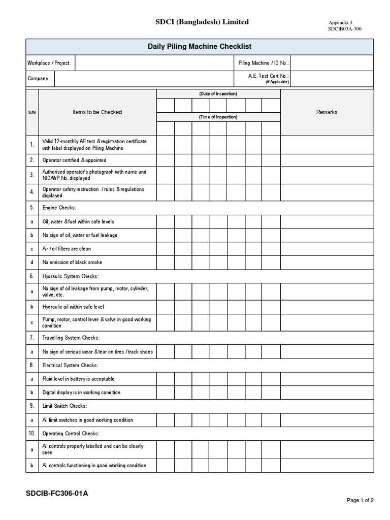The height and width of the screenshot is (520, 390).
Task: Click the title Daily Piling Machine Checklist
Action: pos(200,47)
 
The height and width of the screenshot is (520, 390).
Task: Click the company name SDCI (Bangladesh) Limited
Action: pos(202,22)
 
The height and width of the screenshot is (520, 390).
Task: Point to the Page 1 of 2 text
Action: pos(360,500)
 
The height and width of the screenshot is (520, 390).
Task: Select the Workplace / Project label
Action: pos(49,63)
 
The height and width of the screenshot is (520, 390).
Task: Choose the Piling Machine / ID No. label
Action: pos(263,63)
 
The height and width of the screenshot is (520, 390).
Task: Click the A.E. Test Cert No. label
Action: pos(268,76)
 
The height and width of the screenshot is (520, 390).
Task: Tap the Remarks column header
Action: pos(327,112)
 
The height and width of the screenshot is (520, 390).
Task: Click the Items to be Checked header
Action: pos(97,112)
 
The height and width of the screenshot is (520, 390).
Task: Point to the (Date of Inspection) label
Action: pos(218,94)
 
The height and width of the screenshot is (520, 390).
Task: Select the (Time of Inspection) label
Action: pos(218,117)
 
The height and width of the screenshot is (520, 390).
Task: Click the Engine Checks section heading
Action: pos(59,208)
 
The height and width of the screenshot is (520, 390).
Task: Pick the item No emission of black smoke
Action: pos(72,262)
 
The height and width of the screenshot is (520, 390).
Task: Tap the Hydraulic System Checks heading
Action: pos(71,276)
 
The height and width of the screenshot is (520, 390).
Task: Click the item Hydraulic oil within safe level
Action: pos(73,307)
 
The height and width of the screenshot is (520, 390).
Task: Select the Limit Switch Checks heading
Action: pos(64,406)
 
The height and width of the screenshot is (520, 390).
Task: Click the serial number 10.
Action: pos(32,433)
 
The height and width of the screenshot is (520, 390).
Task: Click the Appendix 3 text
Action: pos(340,23)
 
